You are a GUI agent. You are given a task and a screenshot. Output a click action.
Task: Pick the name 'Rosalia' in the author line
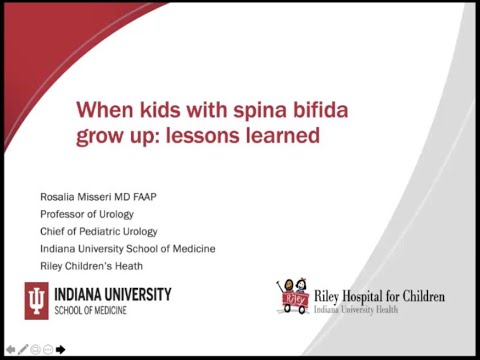[x=58, y=196]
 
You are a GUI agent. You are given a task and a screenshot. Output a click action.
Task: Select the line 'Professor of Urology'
[x=86, y=214]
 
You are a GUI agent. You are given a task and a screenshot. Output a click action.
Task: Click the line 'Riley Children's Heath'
[x=91, y=266]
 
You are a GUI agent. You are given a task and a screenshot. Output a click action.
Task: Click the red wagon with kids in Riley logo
[x=292, y=297]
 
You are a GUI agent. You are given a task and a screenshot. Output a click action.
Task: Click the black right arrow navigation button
[x=61, y=349]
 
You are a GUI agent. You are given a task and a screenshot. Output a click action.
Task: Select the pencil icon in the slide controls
[x=23, y=349]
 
